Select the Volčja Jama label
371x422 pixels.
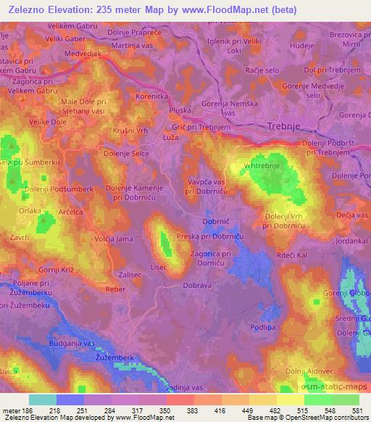[114, 237]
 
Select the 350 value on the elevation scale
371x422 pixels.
[166, 410]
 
